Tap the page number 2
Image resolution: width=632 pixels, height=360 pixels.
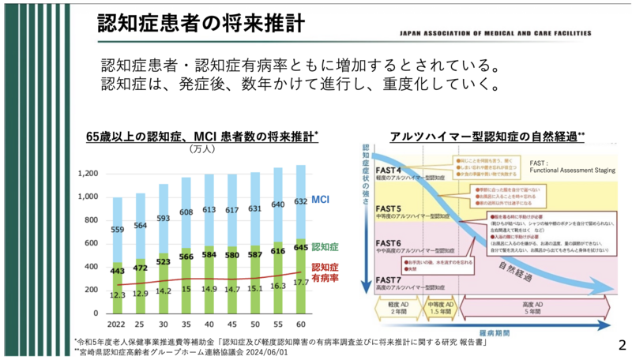622,345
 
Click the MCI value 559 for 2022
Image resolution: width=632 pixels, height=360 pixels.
117,230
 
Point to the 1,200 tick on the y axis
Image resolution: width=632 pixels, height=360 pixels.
88,173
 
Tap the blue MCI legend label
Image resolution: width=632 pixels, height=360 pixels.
320,200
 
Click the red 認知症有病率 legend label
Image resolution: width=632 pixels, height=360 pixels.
328,272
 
